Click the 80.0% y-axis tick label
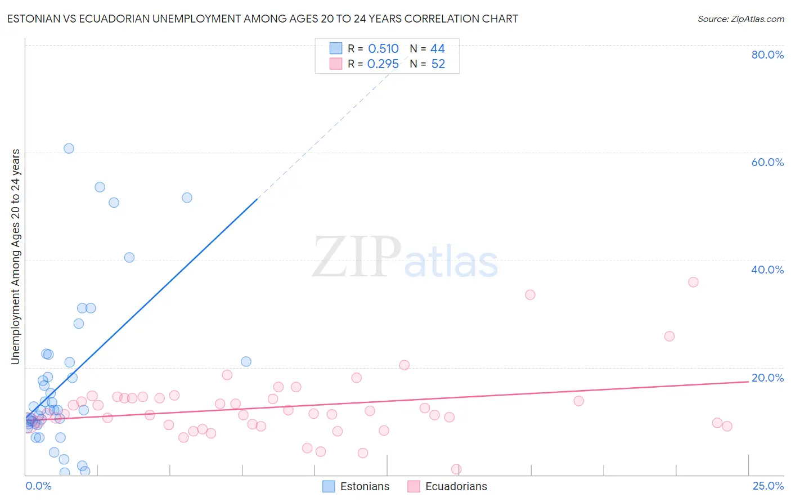click(x=767, y=55)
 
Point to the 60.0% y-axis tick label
click(x=767, y=162)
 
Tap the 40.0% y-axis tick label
click(x=767, y=270)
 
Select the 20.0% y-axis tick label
click(x=767, y=378)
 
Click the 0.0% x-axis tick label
click(x=38, y=486)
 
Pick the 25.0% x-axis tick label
click(x=768, y=486)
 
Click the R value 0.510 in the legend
click(x=383, y=49)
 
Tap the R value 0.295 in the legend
click(x=383, y=64)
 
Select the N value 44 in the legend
click(x=438, y=49)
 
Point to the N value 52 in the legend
click(x=438, y=64)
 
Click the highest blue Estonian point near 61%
click(x=69, y=149)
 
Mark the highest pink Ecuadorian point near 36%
click(x=693, y=282)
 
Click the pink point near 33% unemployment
click(x=530, y=295)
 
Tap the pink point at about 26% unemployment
click(x=669, y=336)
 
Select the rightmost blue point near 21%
click(x=246, y=361)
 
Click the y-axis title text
click(x=16, y=257)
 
